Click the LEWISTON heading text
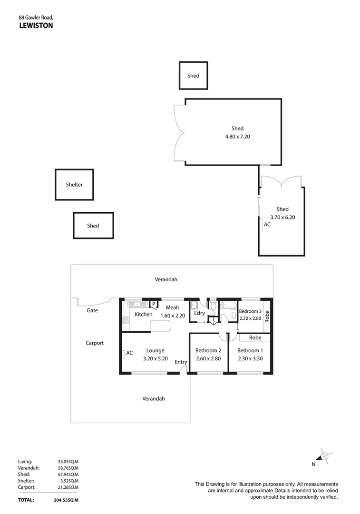click(x=36, y=26)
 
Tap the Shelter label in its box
click(x=74, y=185)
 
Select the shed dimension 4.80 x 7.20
click(x=237, y=137)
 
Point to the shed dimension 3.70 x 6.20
click(x=282, y=217)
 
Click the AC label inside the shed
click(x=267, y=224)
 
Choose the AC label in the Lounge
click(x=129, y=353)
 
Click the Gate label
click(x=92, y=310)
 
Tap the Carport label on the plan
click(x=95, y=343)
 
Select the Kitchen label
click(x=144, y=315)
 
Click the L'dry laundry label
click(x=199, y=313)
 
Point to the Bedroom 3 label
click(x=250, y=311)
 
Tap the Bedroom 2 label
click(x=208, y=351)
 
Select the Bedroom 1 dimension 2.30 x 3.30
click(x=250, y=359)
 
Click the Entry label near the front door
click(x=181, y=362)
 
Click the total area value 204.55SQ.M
click(x=66, y=500)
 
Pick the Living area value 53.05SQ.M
click(x=68, y=462)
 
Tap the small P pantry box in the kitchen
click(x=154, y=304)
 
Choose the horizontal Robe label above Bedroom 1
click(x=255, y=337)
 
